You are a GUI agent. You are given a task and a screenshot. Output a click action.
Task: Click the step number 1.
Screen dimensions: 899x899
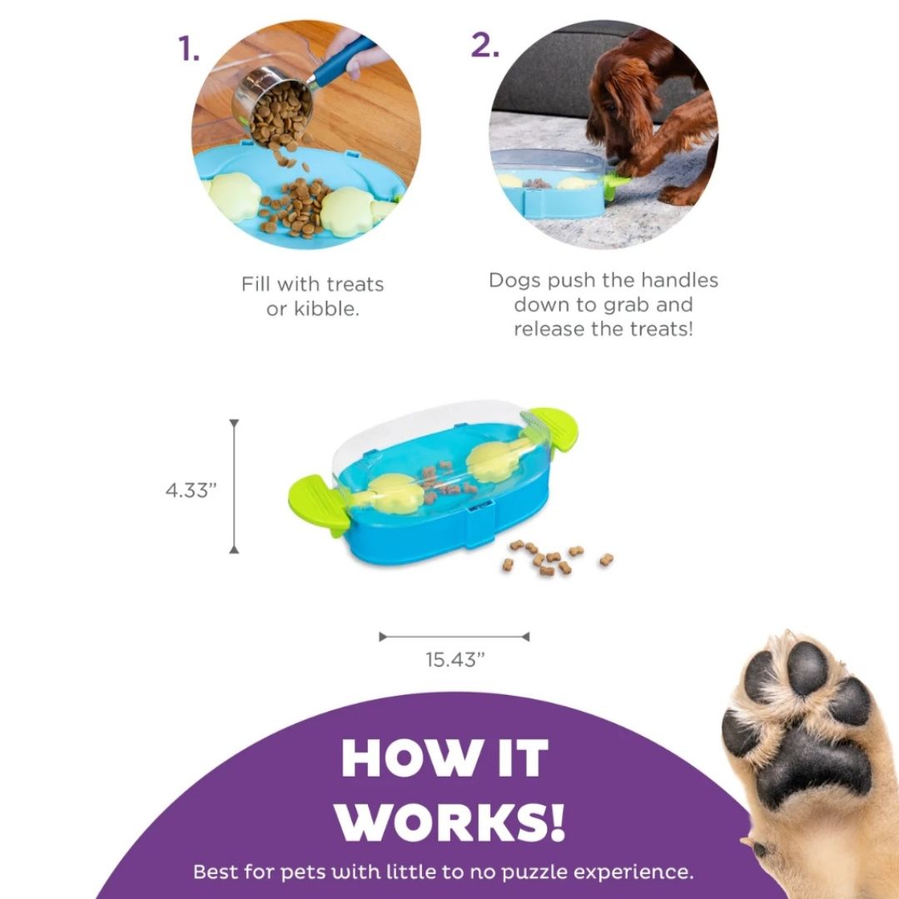189,48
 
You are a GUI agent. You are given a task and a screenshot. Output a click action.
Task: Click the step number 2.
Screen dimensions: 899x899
485,45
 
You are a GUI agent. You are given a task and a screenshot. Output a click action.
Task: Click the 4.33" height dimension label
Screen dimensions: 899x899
191,491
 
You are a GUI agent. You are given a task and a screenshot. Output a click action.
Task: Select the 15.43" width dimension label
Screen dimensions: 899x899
454,660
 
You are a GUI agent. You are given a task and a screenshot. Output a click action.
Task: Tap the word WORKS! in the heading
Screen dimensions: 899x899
450,821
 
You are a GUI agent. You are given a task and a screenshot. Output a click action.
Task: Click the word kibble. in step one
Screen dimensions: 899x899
326,309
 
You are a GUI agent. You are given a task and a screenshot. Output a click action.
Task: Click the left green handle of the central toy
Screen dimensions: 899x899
319,505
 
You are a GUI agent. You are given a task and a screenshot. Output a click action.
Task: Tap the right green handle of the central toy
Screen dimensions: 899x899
553,429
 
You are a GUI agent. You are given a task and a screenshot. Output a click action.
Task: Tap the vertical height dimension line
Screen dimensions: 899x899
234,486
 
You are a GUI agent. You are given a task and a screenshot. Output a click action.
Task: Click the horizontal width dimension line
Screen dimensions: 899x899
454,637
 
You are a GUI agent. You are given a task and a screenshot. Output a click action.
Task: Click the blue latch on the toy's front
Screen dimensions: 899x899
479,524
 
